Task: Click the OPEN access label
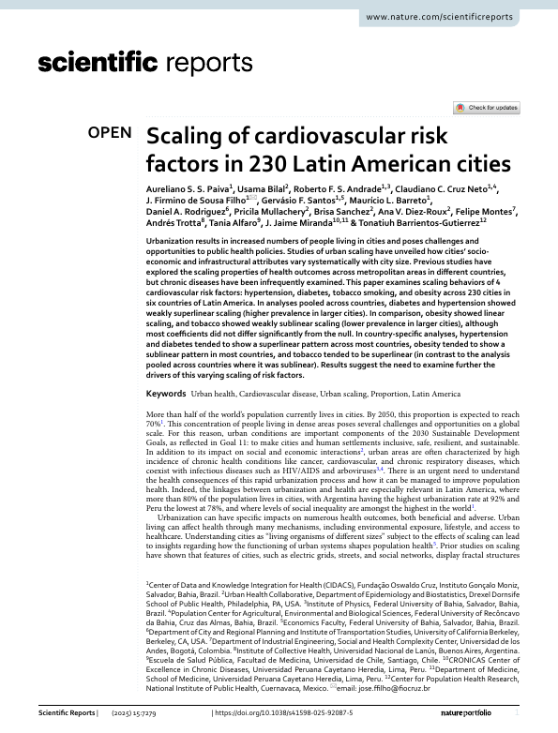[x=110, y=132]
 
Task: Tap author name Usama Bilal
[x=264, y=187]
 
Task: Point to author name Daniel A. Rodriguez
[x=186, y=213]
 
